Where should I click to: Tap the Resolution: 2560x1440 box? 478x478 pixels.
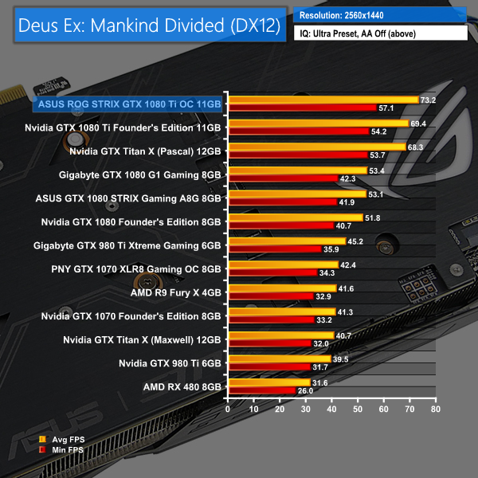click(x=379, y=15)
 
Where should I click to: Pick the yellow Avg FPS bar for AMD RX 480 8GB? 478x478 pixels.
click(x=268, y=382)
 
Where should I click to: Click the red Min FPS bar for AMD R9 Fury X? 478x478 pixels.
click(x=270, y=296)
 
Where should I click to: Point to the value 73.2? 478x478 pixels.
click(x=428, y=100)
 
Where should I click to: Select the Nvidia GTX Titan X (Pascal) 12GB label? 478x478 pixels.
click(x=145, y=150)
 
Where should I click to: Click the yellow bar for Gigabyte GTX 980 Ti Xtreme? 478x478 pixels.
click(x=286, y=241)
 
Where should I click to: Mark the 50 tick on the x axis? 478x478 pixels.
click(x=358, y=409)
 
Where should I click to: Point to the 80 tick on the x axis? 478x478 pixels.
click(x=435, y=409)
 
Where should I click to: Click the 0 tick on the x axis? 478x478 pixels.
click(x=228, y=409)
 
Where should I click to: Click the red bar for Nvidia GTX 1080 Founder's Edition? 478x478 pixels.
click(x=280, y=225)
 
